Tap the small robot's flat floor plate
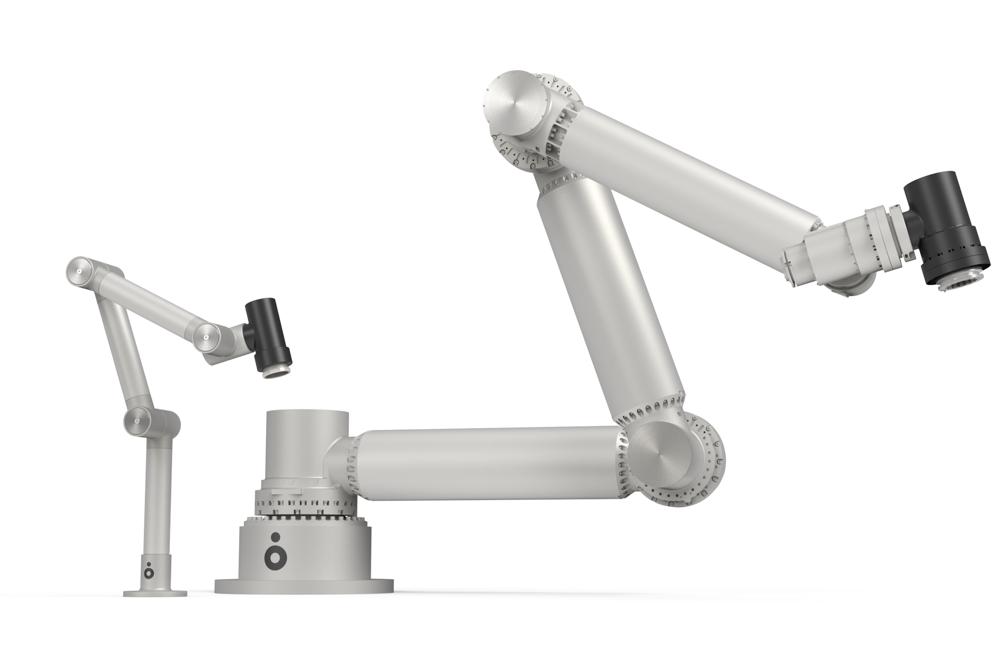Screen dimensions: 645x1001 [x=155, y=593]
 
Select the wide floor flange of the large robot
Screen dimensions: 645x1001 [x=304, y=585]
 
